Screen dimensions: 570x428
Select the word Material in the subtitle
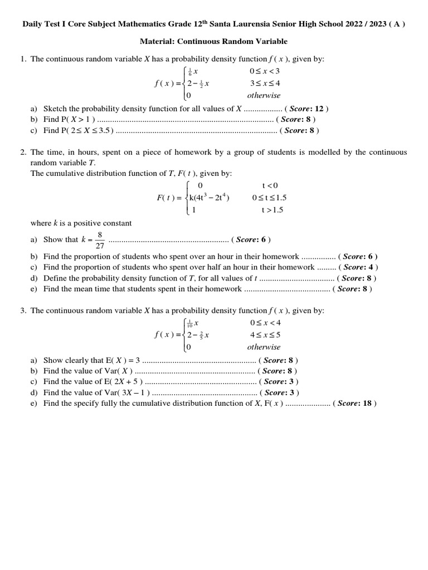click(157, 42)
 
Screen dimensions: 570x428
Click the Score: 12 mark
click(307, 109)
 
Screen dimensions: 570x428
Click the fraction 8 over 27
click(99, 240)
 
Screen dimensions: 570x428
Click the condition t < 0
click(270, 185)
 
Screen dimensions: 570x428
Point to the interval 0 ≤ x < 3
click(265, 71)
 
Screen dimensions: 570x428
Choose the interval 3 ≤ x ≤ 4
click(265, 83)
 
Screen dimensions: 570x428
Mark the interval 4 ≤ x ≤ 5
click(265, 335)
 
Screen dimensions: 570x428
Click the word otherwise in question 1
click(264, 95)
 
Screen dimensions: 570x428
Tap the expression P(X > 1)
click(77, 120)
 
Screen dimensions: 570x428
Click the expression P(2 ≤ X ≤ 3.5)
click(86, 131)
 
